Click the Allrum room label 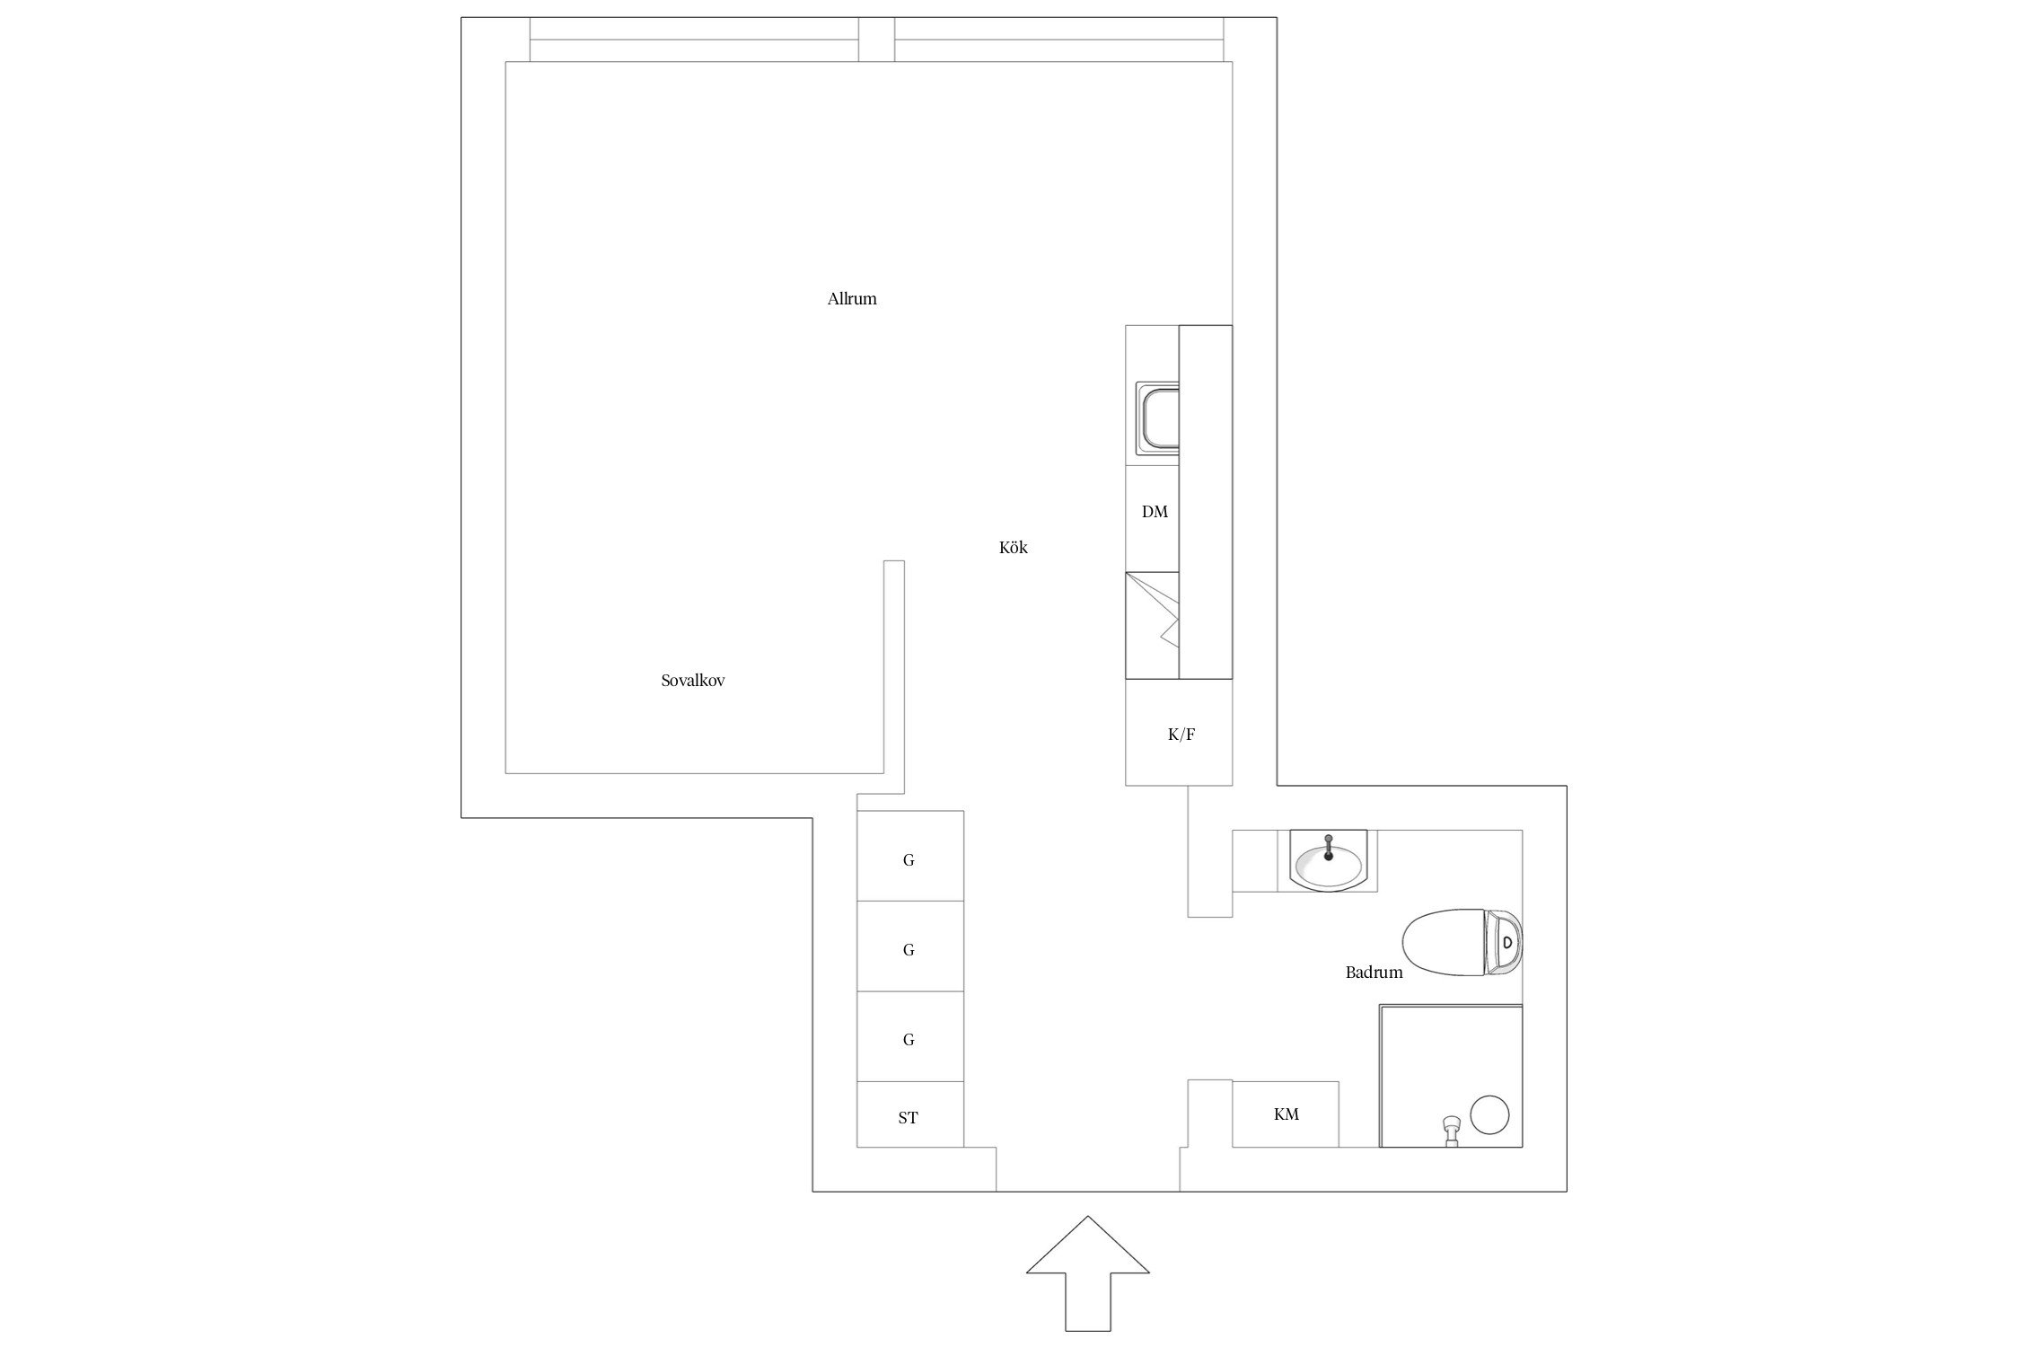(x=852, y=299)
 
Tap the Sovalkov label (x=693, y=681)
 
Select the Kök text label (x=1014, y=547)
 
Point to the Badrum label (x=1374, y=972)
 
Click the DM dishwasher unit (x=1153, y=518)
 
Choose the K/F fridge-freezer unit (x=1180, y=733)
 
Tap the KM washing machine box (x=1286, y=1114)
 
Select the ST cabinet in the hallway (x=910, y=1114)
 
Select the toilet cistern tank (x=1506, y=942)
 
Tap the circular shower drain (x=1490, y=1114)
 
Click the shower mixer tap (x=1449, y=1131)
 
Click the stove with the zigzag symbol (x=1153, y=625)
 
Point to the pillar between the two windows (x=876, y=40)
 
